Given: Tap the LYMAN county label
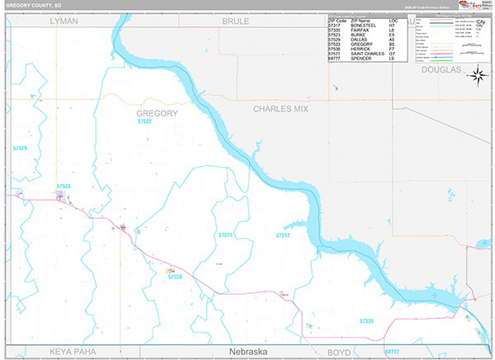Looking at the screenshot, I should coord(64,21).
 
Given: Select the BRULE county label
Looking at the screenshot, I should coord(235,21).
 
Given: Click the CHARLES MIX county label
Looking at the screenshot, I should coord(281,108).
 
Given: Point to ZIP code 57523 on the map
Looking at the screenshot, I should coord(145,121).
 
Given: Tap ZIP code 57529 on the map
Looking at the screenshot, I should coord(21,149).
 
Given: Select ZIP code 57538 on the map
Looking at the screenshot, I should coord(175,277).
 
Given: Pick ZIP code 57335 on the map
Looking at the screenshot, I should coord(366,320).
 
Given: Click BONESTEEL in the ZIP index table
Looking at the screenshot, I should coord(363,24).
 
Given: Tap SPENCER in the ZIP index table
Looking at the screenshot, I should coord(361,59).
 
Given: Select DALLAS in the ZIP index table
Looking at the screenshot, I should coord(359,39).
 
